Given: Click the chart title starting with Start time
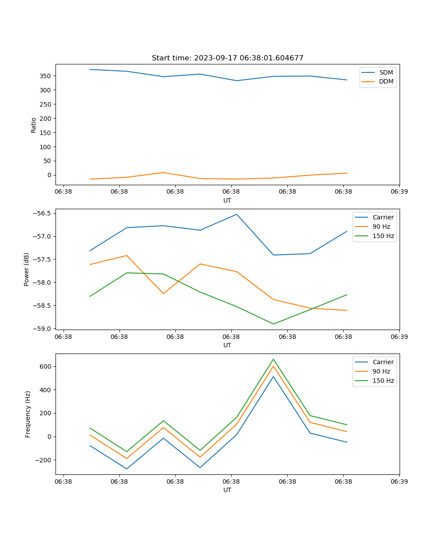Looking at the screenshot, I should pyautogui.click(x=227, y=58).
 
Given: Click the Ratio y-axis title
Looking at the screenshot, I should pyautogui.click(x=34, y=125).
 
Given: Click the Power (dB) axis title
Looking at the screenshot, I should pyautogui.click(x=27, y=269).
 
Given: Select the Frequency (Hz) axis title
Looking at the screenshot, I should pyautogui.click(x=28, y=414).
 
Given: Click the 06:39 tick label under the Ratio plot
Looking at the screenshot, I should pyautogui.click(x=399, y=192).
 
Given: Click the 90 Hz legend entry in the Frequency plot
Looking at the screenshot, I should pyautogui.click(x=381, y=371).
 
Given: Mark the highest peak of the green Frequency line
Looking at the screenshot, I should pyautogui.click(x=273, y=359).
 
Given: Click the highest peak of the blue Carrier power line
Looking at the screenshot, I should pyautogui.click(x=237, y=214).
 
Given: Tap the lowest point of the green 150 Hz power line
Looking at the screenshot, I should pyautogui.click(x=273, y=324).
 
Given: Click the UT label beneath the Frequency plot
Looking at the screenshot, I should pyautogui.click(x=227, y=490).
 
